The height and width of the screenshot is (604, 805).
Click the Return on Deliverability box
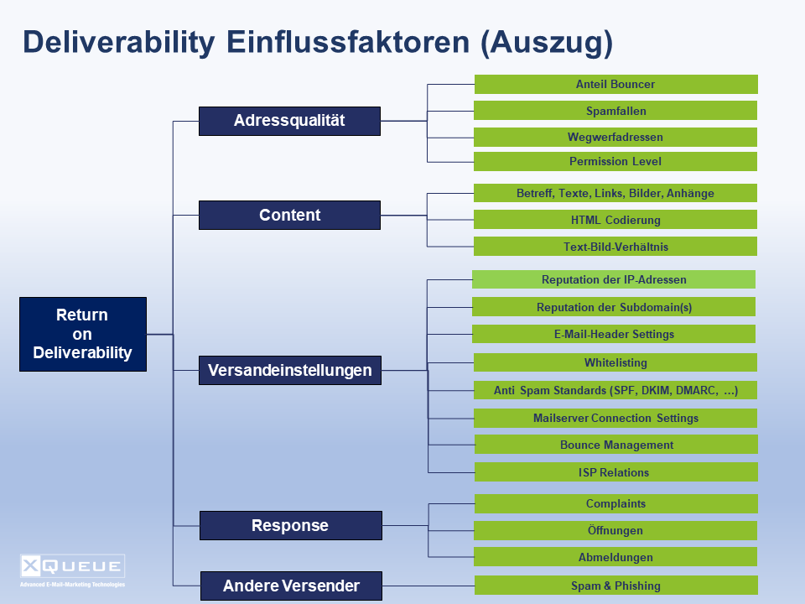83,334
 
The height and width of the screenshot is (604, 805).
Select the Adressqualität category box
289,121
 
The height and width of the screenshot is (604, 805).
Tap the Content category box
289,216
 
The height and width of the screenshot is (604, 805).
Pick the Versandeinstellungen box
290,370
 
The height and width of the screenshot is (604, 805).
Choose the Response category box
291,525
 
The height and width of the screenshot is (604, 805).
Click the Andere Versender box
291,586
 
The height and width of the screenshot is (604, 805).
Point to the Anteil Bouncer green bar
616,84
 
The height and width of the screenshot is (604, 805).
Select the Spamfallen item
615,111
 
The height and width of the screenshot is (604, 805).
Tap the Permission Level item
615,161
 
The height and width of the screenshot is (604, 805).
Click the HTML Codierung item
615,219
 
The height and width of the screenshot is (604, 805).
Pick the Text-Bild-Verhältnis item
615,246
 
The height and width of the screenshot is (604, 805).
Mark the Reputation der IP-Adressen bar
614,279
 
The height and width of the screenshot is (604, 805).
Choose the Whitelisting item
615,362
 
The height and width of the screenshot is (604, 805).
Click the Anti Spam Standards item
615,390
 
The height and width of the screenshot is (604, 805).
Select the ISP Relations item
616,472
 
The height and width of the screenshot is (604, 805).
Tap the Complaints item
616,504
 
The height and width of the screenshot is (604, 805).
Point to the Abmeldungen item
615,557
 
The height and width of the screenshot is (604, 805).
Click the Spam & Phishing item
616,585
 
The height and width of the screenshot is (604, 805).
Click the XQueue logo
72,570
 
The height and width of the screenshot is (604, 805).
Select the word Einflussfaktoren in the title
348,42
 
